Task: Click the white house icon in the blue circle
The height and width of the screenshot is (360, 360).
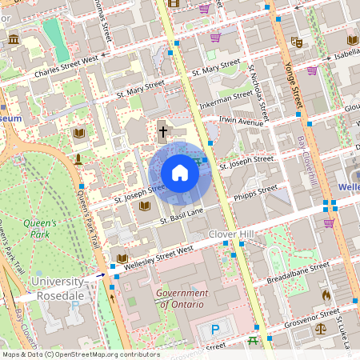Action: click(x=180, y=173)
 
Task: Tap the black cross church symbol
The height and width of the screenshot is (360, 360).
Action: click(x=163, y=130)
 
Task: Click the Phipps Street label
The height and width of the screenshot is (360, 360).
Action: click(x=256, y=192)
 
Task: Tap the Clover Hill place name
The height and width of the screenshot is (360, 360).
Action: click(x=230, y=234)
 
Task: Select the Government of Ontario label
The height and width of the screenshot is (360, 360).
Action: click(x=182, y=298)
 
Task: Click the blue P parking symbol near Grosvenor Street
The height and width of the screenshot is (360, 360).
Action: click(x=214, y=330)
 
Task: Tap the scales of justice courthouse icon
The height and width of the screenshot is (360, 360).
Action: click(x=321, y=327)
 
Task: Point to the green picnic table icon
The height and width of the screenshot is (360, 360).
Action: click(x=253, y=341)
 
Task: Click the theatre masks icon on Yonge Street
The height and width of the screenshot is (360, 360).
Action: click(x=296, y=42)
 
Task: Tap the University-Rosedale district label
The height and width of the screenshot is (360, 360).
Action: click(x=57, y=288)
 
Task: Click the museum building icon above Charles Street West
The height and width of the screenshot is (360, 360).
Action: click(x=14, y=39)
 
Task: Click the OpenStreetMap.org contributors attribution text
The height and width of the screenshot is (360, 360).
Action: click(x=110, y=354)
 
